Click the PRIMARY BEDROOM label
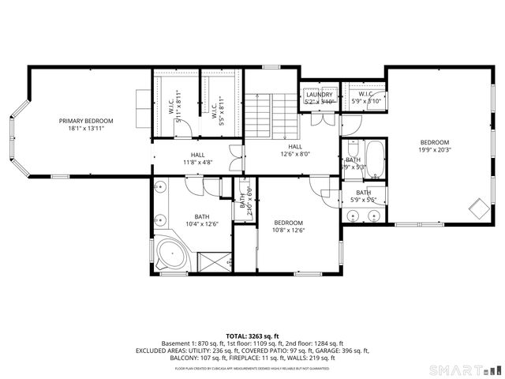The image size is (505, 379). (86, 121)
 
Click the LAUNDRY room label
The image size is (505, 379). (320, 95)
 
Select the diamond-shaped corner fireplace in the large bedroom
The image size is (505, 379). (478, 208)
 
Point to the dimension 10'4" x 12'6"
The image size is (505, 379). (202, 224)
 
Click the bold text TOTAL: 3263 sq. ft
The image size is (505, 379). (252, 336)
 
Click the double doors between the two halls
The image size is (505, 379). (233, 155)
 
